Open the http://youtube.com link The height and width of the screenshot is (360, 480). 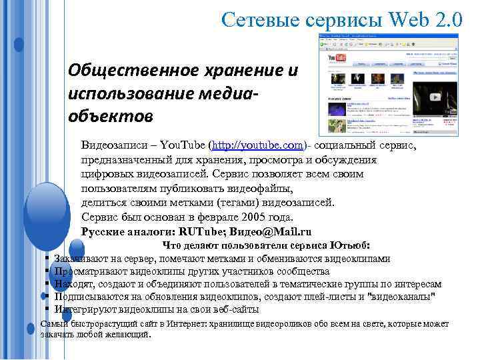(256, 145)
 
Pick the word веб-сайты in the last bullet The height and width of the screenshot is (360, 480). (236, 309)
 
